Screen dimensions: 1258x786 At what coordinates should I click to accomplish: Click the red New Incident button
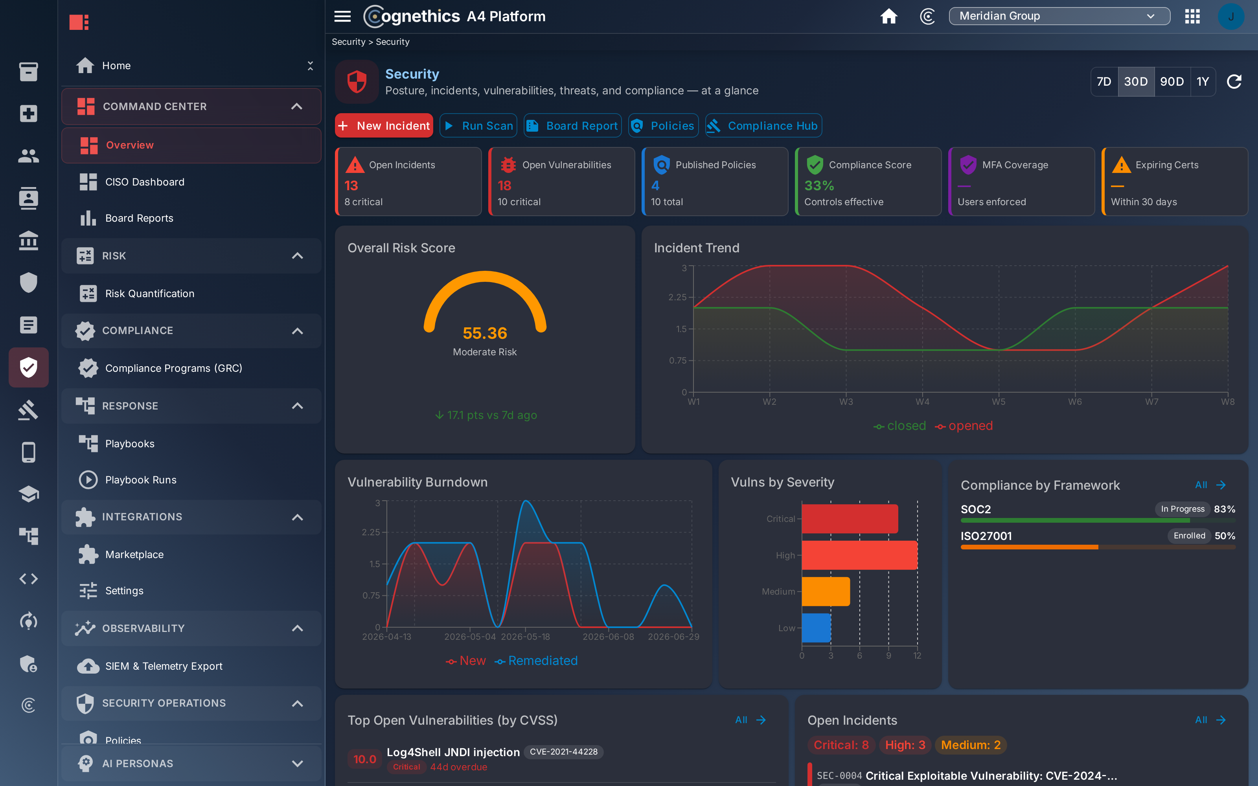384,126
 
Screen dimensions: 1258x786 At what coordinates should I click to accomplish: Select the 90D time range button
1172,82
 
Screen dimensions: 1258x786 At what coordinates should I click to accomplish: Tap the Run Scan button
478,126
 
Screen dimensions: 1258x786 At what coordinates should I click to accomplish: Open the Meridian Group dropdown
1059,16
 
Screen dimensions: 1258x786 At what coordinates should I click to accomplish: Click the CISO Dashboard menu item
145,182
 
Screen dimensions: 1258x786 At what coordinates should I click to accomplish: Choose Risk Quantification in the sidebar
150,294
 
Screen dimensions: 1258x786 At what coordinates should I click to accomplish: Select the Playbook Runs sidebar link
141,480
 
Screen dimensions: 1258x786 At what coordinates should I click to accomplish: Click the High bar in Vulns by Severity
859,555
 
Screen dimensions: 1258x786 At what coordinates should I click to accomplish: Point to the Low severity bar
816,628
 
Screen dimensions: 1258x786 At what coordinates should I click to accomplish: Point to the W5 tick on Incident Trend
999,402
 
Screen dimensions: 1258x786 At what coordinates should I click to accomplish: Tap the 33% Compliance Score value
819,185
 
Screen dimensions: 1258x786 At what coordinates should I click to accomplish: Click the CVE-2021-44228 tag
563,752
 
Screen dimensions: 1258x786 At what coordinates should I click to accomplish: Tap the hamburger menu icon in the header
342,16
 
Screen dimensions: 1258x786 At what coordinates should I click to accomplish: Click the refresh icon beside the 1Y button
1234,82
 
